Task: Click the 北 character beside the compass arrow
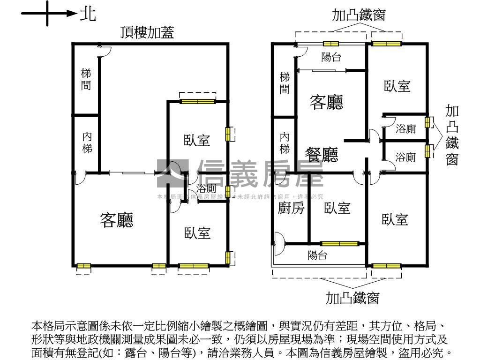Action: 88,14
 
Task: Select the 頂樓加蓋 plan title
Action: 146,32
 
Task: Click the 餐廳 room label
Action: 322,155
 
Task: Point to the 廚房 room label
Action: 291,208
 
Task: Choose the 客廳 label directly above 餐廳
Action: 326,102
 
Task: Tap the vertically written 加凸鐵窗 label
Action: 452,135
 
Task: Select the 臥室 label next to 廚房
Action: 337,208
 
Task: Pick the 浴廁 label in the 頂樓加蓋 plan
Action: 206,189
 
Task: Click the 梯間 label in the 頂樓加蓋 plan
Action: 86,79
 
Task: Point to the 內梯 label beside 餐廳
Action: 285,143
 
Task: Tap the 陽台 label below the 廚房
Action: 317,255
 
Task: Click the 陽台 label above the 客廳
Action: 331,57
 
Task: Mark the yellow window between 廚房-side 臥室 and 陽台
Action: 339,243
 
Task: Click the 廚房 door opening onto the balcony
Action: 278,243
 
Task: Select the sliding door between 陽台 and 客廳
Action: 322,71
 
